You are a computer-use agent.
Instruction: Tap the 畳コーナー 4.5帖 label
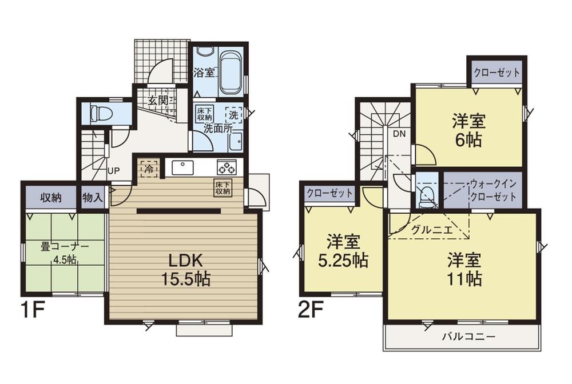point(65,252)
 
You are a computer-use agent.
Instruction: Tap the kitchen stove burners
point(226,167)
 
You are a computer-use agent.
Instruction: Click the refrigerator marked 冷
point(148,169)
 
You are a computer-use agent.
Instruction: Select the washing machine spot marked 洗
point(233,114)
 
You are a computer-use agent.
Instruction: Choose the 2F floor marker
point(311,311)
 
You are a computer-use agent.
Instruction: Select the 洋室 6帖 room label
point(469,130)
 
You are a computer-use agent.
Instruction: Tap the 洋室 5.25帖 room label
point(343,251)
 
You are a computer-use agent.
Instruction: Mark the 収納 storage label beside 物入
point(51,198)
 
